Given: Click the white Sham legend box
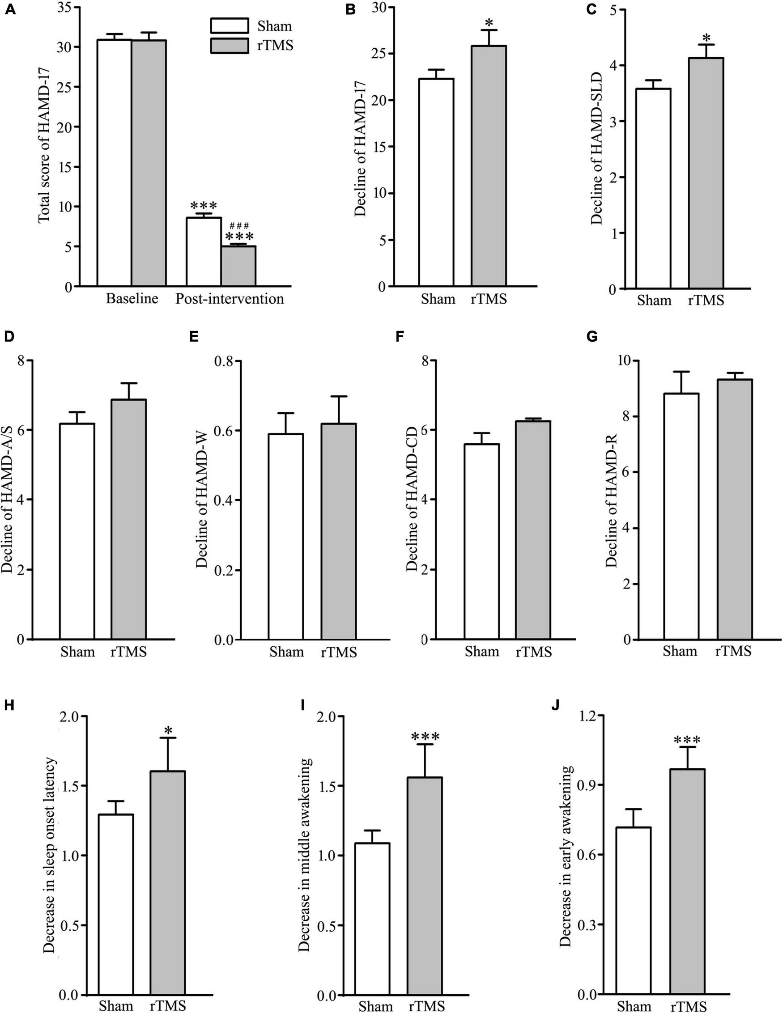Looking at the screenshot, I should click(x=229, y=25).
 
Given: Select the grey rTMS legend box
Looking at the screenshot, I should click(x=229, y=46).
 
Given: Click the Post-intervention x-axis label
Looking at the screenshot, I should click(x=229, y=298).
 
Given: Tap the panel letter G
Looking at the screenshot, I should click(x=592, y=337).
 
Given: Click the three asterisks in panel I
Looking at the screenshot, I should click(x=425, y=737).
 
